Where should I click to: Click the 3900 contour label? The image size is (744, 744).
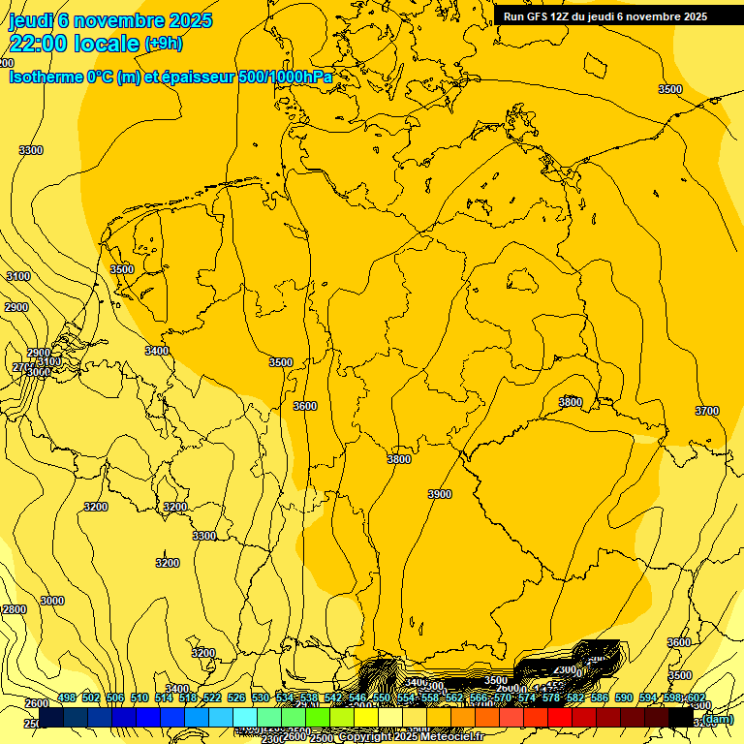[439, 494]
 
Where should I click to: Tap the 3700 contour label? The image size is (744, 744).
[707, 411]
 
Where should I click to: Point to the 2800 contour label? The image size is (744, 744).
[15, 609]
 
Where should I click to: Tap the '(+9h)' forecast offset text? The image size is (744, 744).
[163, 44]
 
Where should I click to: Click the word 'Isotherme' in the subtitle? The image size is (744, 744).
[45, 77]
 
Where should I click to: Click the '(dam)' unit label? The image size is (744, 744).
[718, 719]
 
